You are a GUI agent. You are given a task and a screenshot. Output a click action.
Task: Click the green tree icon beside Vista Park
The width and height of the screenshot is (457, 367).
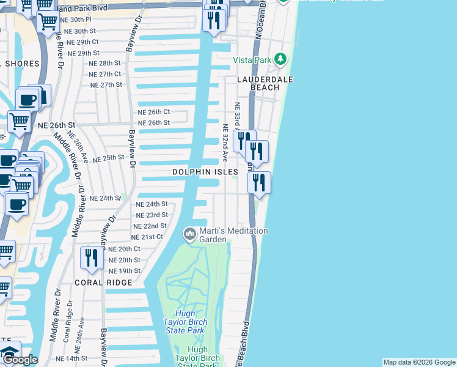(280, 59)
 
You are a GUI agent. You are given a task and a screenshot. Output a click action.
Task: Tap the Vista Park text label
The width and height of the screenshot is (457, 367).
(252, 60)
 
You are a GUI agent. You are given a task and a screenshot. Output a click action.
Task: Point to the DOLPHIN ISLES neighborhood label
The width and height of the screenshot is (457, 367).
(204, 172)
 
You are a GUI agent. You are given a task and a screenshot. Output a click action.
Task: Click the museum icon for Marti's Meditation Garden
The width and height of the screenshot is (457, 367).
(189, 234)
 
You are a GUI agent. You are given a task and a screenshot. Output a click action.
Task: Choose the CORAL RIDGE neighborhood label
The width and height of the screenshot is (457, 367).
(103, 283)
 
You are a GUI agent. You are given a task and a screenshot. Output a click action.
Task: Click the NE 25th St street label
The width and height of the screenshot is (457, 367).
(109, 157)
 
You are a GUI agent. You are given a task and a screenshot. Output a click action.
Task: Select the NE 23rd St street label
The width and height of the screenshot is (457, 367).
(152, 215)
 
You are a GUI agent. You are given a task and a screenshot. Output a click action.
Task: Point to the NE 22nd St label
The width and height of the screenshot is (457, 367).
(150, 226)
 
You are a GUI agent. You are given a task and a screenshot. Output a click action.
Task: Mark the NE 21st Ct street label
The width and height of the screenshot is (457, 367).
(147, 237)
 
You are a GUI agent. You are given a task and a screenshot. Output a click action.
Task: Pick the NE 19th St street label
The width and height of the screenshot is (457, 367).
(124, 270)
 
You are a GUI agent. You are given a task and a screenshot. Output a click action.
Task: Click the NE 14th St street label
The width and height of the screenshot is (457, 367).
(71, 358)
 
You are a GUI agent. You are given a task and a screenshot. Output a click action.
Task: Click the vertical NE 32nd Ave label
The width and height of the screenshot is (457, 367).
(225, 141)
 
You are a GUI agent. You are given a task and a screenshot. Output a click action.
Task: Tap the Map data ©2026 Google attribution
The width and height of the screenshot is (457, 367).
(419, 362)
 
